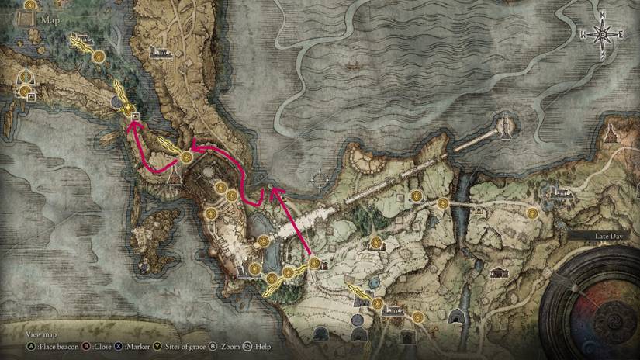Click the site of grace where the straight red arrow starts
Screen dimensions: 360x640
click(313, 264)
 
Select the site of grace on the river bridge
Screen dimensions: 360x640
click(443, 203)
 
